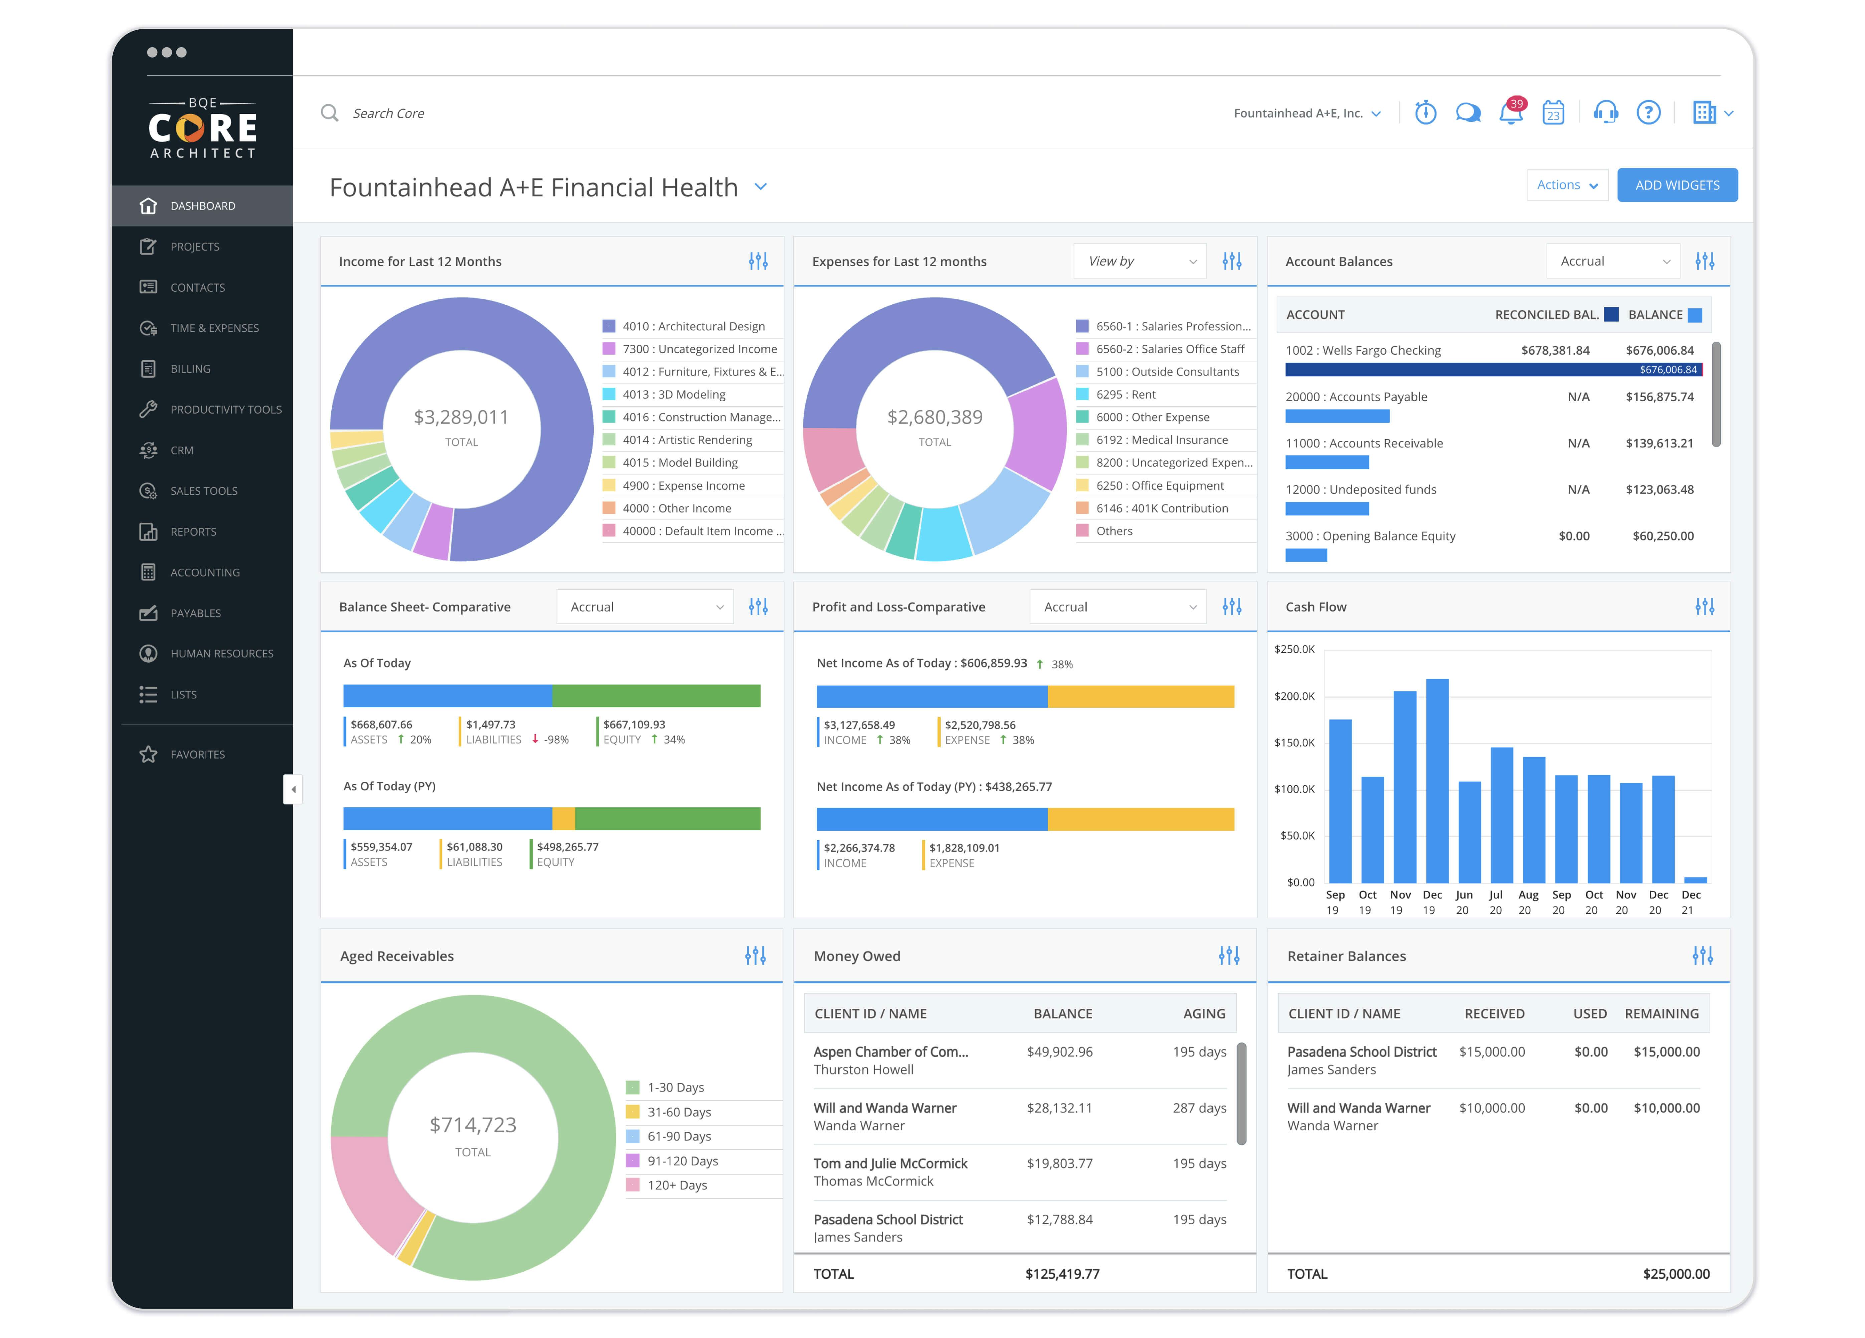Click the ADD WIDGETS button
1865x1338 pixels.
[1677, 185]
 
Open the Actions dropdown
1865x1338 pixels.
[1566, 185]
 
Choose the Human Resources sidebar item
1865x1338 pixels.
[221, 654]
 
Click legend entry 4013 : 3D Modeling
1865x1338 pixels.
[674, 395]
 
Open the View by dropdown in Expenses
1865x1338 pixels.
[1140, 261]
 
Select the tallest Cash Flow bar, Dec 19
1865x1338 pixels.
[1437, 780]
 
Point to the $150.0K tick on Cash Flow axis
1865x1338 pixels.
[1294, 743]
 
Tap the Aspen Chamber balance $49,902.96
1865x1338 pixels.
[1059, 1052]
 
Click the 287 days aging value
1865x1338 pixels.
[1199, 1108]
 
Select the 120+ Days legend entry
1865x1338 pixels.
[677, 1185]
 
